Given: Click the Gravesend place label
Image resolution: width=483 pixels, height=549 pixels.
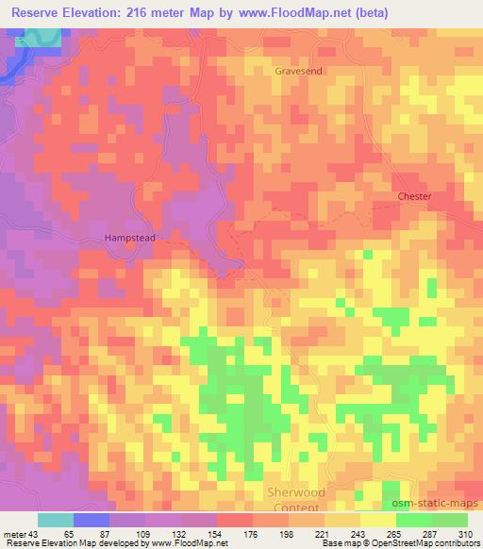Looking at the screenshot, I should (299, 71).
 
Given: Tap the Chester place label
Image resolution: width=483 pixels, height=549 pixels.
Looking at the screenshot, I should (414, 196).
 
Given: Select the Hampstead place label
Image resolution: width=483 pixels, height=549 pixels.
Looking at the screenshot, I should (129, 239).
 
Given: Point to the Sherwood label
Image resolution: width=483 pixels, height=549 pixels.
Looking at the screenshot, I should (296, 492).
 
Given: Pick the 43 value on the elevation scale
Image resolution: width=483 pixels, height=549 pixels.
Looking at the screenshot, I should (35, 535).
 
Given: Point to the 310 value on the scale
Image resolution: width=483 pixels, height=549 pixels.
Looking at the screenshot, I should (466, 535).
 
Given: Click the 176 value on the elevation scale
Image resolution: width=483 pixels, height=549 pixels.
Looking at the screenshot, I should (251, 535).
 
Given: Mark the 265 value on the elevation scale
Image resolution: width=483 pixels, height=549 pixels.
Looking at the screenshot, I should (394, 535).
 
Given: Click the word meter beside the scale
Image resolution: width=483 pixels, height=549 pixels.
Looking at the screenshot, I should (14, 535).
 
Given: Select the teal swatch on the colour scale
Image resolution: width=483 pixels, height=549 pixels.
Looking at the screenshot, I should (56, 520).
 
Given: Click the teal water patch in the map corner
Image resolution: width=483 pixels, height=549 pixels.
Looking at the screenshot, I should (38, 39).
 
